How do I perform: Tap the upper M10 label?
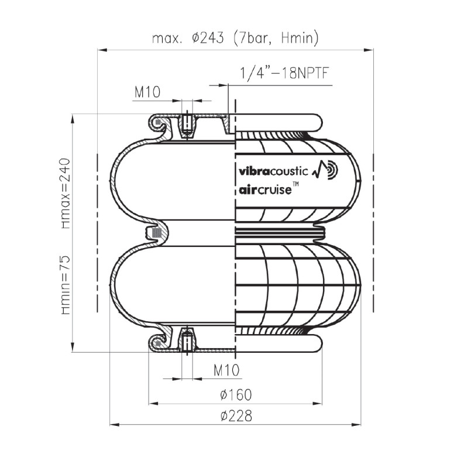(147, 92)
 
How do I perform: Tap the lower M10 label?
(226, 370)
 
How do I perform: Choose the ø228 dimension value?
(236, 416)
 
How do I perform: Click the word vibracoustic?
(273, 171)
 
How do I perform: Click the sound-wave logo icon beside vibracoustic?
(325, 169)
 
